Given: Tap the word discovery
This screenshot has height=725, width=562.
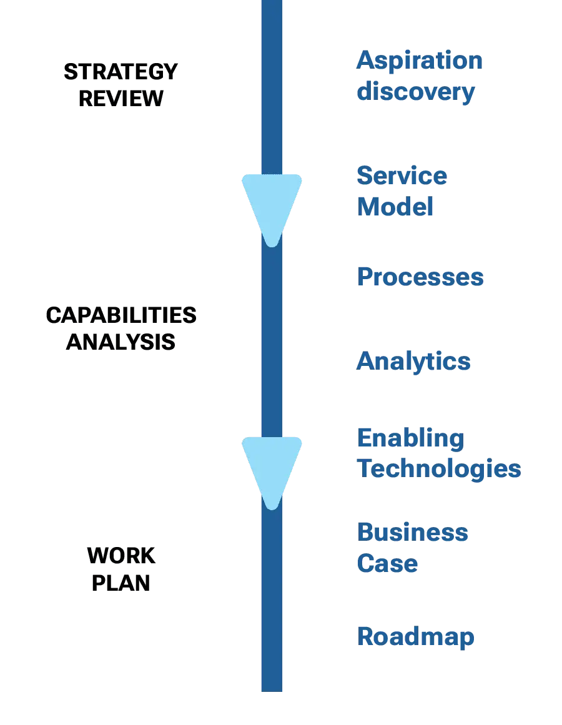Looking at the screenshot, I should pos(416,92).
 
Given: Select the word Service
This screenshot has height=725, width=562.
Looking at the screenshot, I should pos(402,176).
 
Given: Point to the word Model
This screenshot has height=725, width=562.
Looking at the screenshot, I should pos(395,207).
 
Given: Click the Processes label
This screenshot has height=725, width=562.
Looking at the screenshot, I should pos(420,277).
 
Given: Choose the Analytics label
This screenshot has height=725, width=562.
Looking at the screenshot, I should pos(413,362).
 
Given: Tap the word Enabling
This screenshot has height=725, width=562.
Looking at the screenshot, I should pos(410,439).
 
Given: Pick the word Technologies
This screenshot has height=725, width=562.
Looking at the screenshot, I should pos(438,469).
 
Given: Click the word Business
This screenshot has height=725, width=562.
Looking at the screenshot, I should pos(412,533).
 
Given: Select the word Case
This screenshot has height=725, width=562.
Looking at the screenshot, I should pos(387,564).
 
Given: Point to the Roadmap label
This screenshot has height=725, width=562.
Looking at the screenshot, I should pos(415,638).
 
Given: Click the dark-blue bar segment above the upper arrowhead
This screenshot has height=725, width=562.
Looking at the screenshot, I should pos(272,87).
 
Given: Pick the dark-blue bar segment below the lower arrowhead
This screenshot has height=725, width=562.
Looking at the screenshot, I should pos(272,599).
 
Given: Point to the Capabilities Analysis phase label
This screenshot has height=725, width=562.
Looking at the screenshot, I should pos(122,329).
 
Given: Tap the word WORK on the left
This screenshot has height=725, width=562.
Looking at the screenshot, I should pos(122,555).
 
